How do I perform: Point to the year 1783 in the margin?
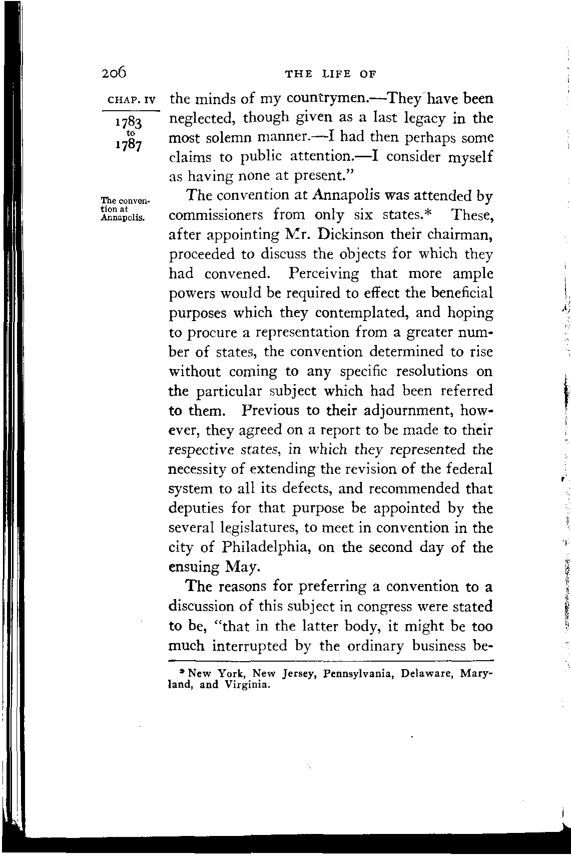click(x=129, y=123)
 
